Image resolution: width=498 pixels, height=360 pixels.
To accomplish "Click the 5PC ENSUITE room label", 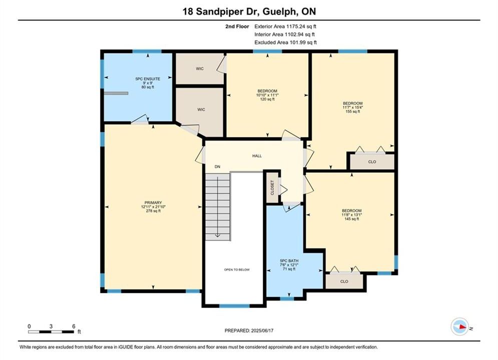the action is pos(148,78).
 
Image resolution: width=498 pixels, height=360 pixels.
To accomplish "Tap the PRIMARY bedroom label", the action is pos(153,202).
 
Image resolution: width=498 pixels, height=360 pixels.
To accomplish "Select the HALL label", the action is pos(257,155).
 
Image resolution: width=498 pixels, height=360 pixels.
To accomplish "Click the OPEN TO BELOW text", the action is pos(237,269).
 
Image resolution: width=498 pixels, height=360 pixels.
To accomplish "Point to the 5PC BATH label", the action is pos(289,260).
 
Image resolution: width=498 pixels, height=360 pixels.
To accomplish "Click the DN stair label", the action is pos(217,166).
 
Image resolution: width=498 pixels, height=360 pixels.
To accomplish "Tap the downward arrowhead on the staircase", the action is pos(218,235).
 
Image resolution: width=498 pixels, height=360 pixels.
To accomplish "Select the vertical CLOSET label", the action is pos(272,187).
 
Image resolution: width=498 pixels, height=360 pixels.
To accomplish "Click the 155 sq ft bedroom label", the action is pos(352,111).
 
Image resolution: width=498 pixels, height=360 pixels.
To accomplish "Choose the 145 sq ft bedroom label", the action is pos(351,219).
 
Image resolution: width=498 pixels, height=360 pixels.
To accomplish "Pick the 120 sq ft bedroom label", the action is pos(267,99).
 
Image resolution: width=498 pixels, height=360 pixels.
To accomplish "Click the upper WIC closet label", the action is pos(200,68).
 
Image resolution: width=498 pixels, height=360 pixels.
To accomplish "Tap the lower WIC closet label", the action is pos(201,109).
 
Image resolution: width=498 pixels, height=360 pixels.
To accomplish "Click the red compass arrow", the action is pos(461,326).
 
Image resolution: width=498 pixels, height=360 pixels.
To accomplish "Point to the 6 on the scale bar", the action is pos(74,326).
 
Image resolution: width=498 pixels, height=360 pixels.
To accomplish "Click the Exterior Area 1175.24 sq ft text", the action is pos(285,26).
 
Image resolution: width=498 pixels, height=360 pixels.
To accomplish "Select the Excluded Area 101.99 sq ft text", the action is pos(285,42).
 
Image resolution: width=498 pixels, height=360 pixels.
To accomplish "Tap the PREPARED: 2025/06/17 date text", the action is pos(249,330).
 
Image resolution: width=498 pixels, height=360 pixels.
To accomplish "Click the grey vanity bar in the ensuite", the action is pos(116,93).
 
